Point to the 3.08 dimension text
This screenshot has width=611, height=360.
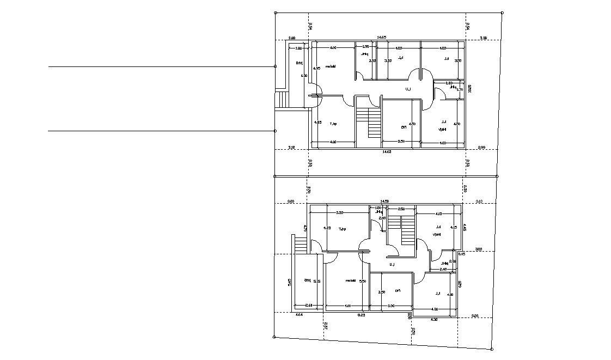[292, 38]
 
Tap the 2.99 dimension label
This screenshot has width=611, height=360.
[481, 148]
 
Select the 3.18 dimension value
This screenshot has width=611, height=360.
[291, 148]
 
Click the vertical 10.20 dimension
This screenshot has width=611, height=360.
[469, 88]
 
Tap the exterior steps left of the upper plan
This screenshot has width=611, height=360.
[282, 100]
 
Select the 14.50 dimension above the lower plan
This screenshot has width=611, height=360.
[384, 202]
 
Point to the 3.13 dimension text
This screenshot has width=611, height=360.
[479, 202]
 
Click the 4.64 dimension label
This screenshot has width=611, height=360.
[299, 315]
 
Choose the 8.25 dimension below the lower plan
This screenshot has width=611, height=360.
[361, 315]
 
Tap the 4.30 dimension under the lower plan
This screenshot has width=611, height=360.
[434, 319]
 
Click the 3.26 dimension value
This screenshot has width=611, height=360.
[475, 315]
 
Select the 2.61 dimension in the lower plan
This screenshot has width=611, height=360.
[308, 306]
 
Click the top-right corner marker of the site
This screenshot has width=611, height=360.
[502, 13]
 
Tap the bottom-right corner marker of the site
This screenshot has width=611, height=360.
[492, 349]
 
